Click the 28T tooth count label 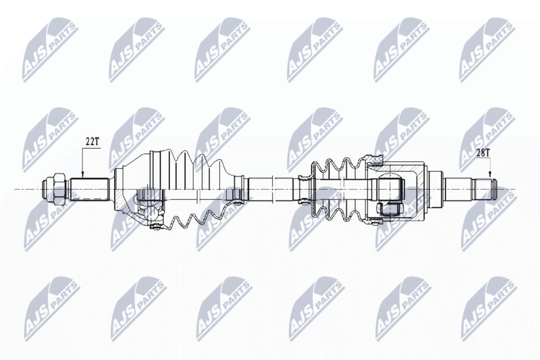point(483,153)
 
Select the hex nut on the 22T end point(57,189)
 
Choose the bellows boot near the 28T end point(337,189)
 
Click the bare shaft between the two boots point(270,189)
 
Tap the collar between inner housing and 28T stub point(435,189)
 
